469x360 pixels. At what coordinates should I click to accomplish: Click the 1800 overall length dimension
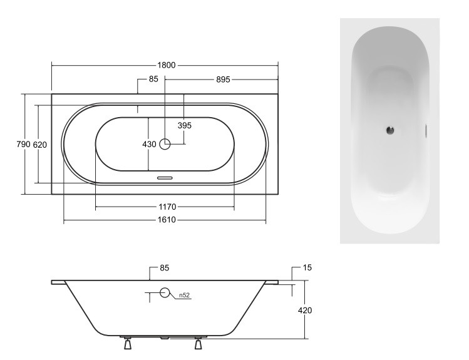click(x=165, y=64)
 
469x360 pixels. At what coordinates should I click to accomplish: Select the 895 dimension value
click(x=224, y=80)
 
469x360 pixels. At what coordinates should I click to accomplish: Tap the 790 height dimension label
click(x=23, y=145)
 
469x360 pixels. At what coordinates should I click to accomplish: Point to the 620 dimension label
click(x=39, y=145)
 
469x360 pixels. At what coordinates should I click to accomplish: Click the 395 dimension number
click(x=184, y=125)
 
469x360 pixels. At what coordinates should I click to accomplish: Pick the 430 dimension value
click(x=149, y=145)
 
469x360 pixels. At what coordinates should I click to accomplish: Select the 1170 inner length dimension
click(x=165, y=207)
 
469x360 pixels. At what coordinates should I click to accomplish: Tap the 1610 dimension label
click(x=165, y=220)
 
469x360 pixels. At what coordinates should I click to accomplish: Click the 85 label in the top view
click(x=153, y=80)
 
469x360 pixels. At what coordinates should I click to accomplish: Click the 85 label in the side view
click(x=165, y=268)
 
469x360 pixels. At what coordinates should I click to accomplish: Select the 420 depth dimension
click(x=304, y=309)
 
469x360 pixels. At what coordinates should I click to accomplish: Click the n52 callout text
click(x=184, y=296)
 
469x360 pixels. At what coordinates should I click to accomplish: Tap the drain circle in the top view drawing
click(x=165, y=144)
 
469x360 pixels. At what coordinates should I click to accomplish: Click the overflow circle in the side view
click(x=165, y=292)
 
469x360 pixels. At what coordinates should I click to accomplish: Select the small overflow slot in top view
click(x=165, y=178)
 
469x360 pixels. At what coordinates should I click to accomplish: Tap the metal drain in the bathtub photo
click(x=389, y=130)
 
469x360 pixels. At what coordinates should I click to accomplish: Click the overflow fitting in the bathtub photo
click(x=426, y=130)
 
